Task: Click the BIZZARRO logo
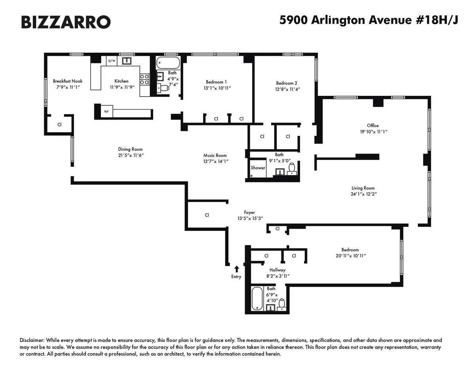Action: [x=65, y=22]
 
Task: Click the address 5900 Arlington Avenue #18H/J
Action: [x=369, y=20]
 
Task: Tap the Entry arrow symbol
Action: [x=237, y=269]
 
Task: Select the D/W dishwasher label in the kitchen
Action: [x=112, y=61]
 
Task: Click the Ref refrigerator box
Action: [x=106, y=112]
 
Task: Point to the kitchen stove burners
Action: [x=145, y=80]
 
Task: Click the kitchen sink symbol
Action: [x=127, y=61]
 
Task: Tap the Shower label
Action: [x=258, y=168]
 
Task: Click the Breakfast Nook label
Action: [x=68, y=81]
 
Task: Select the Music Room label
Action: [x=215, y=156]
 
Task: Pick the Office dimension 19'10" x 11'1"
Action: [x=372, y=132]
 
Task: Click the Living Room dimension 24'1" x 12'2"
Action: [x=363, y=194]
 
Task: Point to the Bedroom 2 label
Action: [x=287, y=83]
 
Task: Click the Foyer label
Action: [x=249, y=213]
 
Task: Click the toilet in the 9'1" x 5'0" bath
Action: [x=292, y=168]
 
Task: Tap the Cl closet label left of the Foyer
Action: [x=207, y=215]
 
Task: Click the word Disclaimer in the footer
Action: [x=32, y=340]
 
